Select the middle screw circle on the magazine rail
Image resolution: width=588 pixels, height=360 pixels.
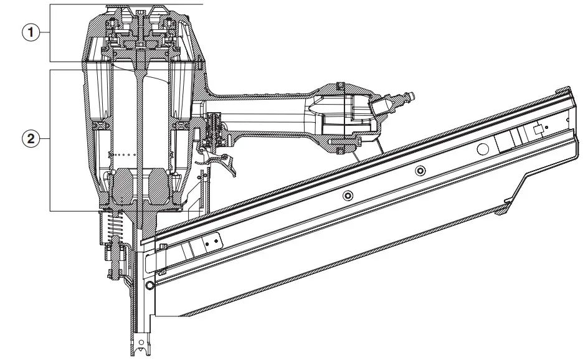coord(420,171)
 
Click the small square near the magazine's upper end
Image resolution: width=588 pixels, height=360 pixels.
coord(538,130)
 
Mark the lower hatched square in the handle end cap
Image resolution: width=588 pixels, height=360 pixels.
coord(339,148)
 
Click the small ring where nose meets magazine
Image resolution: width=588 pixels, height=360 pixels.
coord(149,285)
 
